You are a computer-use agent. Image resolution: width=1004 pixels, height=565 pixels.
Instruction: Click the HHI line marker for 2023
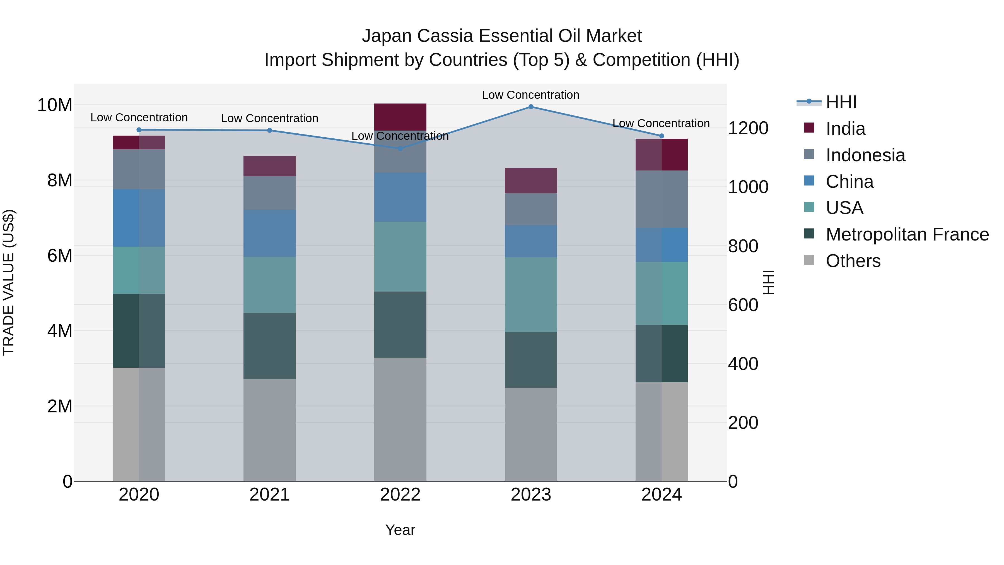point(531,107)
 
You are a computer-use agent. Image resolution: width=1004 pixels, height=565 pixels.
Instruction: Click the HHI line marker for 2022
point(400,148)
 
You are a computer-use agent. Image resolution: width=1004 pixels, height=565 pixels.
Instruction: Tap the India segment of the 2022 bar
point(400,117)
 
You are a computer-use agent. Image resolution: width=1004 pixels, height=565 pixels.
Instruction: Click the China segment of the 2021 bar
point(270,233)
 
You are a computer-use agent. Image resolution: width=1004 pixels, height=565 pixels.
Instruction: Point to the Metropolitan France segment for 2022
point(400,325)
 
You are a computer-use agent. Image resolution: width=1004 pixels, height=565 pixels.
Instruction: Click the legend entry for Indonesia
point(865,155)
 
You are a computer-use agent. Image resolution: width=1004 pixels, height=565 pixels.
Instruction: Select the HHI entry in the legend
point(841,102)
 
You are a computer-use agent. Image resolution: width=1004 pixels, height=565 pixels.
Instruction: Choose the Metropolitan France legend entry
point(907,234)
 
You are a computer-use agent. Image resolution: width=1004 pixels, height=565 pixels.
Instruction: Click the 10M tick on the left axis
point(55,105)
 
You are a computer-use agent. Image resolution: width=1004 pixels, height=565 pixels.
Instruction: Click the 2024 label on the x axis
point(662,495)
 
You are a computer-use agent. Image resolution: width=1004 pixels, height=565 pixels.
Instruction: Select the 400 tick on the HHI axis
point(743,364)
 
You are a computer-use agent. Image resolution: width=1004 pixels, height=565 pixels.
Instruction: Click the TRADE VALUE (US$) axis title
point(9,282)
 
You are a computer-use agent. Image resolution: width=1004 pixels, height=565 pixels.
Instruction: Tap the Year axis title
point(400,530)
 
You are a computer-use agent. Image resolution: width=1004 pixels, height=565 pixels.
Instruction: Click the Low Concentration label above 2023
point(530,95)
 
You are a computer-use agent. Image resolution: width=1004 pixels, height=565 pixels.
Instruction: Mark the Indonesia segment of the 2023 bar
point(531,209)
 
